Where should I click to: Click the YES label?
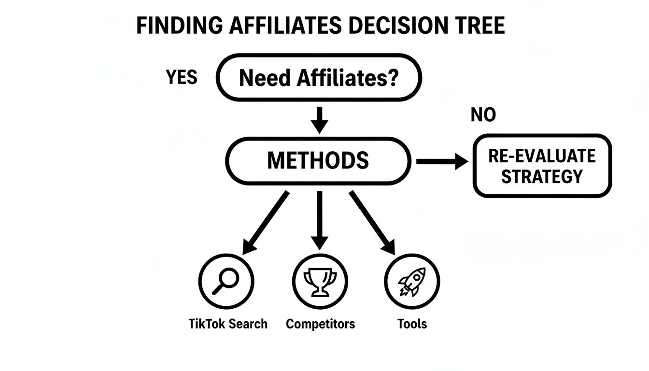[182, 77]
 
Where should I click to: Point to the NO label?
[483, 115]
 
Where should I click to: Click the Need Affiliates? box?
[319, 77]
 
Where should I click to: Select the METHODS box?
[318, 160]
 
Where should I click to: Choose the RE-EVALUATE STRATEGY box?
[542, 166]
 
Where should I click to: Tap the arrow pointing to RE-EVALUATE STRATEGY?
[441, 162]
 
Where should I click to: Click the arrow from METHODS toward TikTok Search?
[266, 222]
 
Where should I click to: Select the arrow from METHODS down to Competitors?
[319, 220]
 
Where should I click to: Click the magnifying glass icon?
[226, 281]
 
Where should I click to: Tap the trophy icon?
[320, 281]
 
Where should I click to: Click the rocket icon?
[412, 281]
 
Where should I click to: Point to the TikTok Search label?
[228, 324]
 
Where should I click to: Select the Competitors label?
[320, 324]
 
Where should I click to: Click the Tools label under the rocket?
[412, 324]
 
